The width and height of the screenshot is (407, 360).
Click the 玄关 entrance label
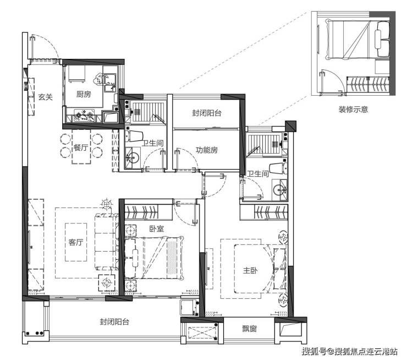point(46,97)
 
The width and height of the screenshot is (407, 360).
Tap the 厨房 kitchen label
point(84,94)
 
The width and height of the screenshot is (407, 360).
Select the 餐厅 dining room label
point(81,148)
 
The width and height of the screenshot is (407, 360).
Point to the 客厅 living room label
point(76,242)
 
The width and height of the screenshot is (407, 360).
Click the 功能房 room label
point(207,150)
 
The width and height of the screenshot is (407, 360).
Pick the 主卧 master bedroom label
point(250,270)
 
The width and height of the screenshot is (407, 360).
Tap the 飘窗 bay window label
point(250,329)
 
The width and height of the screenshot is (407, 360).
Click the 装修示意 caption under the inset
point(353,110)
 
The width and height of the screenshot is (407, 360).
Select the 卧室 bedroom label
point(157,229)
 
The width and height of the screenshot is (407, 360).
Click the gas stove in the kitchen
point(84,116)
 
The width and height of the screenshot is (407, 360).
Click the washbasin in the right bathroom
point(279,190)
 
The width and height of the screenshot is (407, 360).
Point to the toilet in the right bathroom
point(278,168)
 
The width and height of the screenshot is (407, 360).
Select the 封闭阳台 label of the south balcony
point(114,322)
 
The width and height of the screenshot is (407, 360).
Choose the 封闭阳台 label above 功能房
point(207,113)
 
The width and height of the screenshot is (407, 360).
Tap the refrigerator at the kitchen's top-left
point(76,74)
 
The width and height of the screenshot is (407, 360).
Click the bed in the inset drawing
point(359,40)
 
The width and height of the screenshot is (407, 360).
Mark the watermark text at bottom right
point(349,351)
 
